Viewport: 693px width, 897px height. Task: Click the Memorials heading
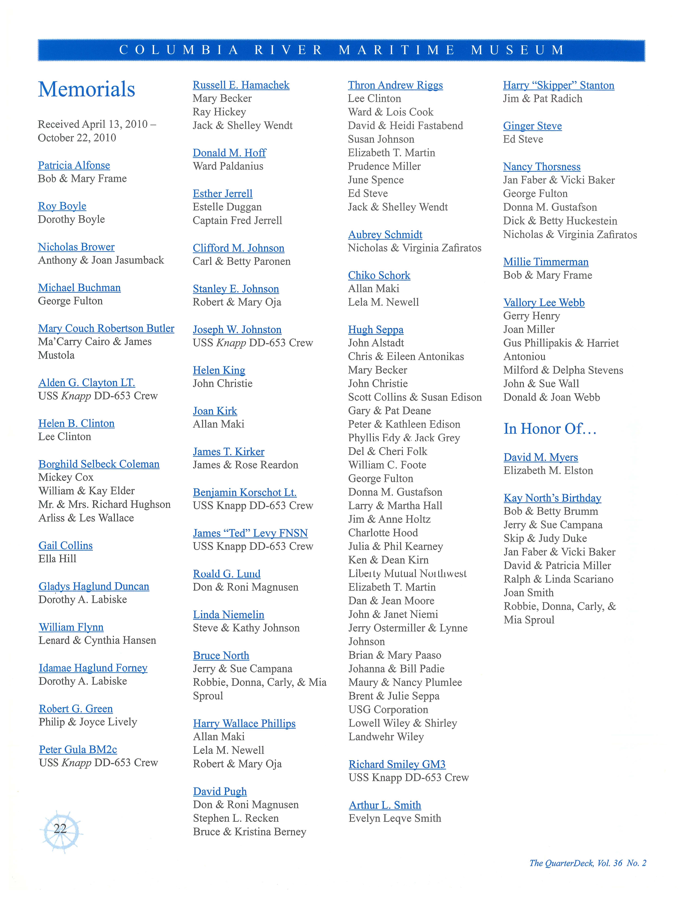pos(87,89)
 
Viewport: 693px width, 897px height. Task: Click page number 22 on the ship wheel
pos(60,828)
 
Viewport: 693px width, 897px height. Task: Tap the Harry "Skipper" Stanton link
pos(558,85)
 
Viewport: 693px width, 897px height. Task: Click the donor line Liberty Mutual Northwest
pos(407,573)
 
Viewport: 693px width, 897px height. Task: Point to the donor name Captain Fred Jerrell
pos(237,221)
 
